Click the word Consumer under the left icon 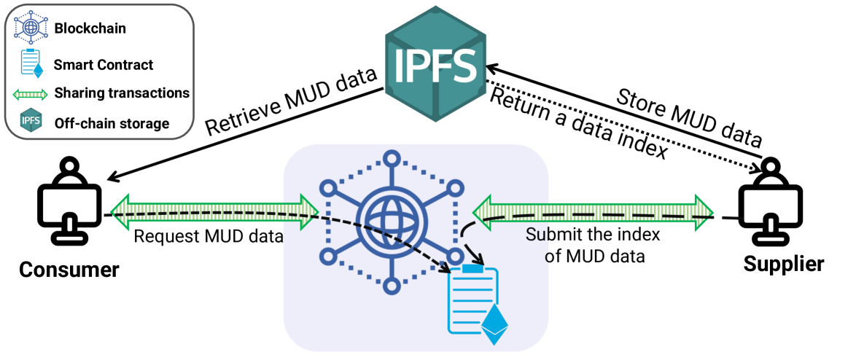click(69, 269)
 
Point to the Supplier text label click(784, 265)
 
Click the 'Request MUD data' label click(209, 236)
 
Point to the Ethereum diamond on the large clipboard click(496, 324)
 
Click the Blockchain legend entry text click(90, 28)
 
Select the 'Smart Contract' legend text click(104, 65)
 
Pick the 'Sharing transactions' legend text click(122, 93)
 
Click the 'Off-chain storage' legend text click(112, 123)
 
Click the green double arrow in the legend click(31, 93)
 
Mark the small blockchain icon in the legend click(31, 27)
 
